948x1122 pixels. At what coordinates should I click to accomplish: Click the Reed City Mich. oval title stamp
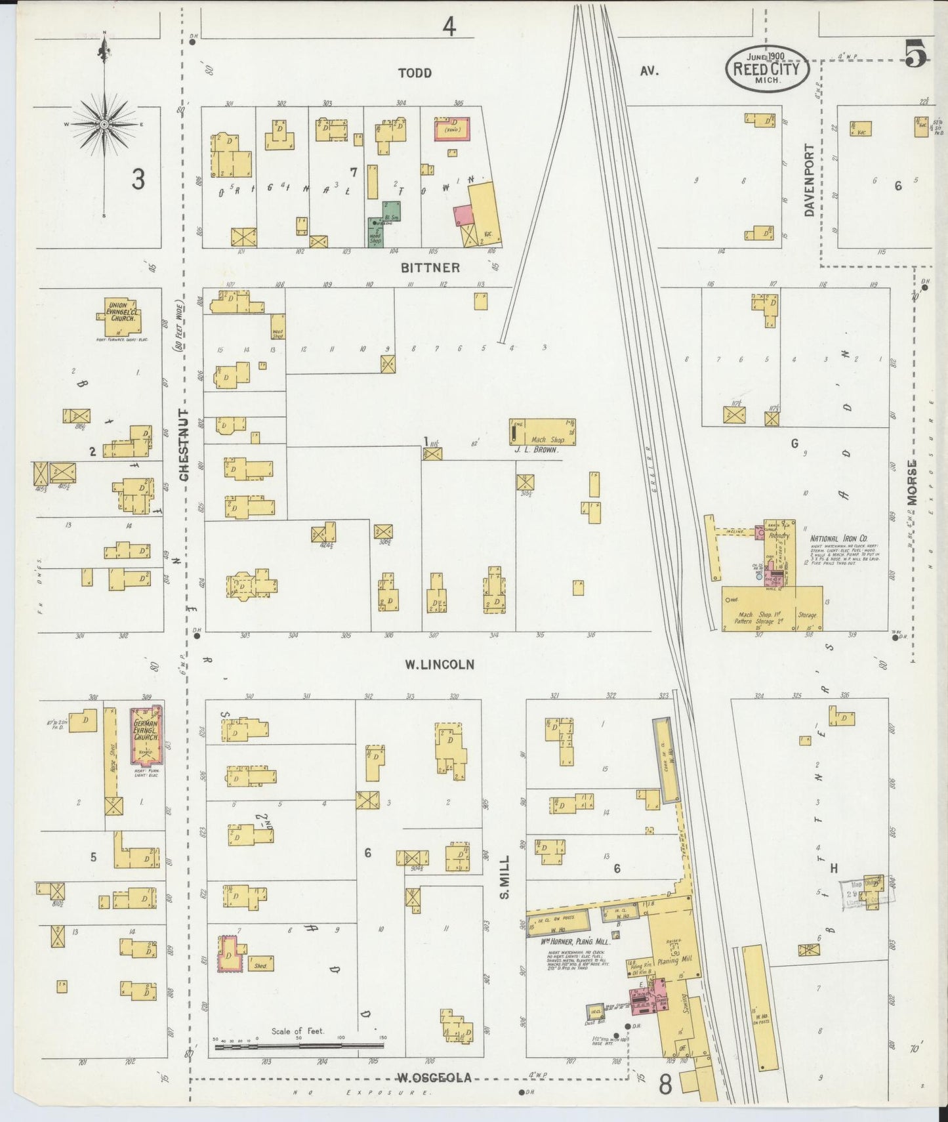click(766, 68)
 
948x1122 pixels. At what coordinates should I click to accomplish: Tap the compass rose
click(104, 123)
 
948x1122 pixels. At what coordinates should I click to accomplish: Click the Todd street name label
click(415, 73)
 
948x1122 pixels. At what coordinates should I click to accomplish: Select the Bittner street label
click(430, 268)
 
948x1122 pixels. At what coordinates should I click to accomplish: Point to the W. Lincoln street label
click(439, 665)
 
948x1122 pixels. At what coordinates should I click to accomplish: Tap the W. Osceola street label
click(434, 1077)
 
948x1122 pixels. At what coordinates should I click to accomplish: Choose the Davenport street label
click(809, 180)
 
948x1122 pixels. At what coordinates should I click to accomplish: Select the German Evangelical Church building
click(146, 734)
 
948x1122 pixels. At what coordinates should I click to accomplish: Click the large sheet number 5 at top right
click(916, 54)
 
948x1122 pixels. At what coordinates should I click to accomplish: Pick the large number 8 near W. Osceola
click(665, 1085)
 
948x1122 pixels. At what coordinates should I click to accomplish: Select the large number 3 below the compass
click(137, 179)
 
